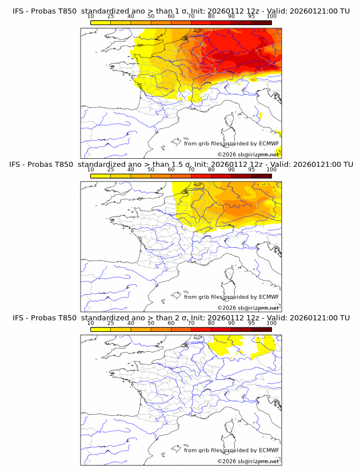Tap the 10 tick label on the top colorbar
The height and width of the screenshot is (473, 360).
(x=90, y=17)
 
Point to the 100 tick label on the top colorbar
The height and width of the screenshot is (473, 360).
(x=271, y=17)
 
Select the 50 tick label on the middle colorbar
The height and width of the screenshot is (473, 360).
(x=151, y=170)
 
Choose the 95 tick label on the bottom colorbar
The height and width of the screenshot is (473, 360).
(x=251, y=323)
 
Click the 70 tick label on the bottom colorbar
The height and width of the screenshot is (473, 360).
(x=191, y=323)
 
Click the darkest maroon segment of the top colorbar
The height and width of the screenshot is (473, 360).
(x=261, y=22)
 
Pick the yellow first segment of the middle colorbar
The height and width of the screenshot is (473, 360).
(x=100, y=175)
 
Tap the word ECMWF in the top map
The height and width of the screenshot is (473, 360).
(x=269, y=143)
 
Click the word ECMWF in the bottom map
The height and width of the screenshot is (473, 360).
(x=269, y=450)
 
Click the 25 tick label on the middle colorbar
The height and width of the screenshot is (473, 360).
(x=110, y=170)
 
